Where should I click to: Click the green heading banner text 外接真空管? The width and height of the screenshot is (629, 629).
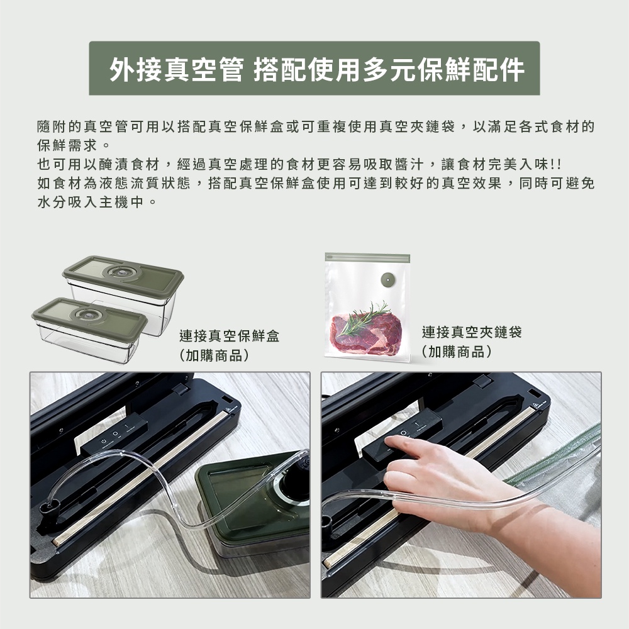(177, 69)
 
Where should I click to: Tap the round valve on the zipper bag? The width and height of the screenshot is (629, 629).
(388, 279)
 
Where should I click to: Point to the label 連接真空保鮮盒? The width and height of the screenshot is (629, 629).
(229, 336)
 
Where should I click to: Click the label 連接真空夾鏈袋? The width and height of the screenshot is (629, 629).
(472, 332)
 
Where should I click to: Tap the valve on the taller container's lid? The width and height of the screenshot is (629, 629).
(119, 272)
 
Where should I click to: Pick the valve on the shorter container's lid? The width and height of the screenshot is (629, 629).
(87, 314)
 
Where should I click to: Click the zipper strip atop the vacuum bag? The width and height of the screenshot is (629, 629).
(367, 257)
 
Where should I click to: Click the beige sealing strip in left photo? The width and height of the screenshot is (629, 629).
(140, 477)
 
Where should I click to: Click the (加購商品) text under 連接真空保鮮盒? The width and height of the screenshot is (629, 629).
(214, 355)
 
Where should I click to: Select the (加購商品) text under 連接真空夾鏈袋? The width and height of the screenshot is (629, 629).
(457, 352)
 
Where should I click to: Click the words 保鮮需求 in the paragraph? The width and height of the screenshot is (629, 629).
(67, 145)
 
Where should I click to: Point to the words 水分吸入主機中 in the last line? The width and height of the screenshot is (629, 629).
(90, 202)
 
